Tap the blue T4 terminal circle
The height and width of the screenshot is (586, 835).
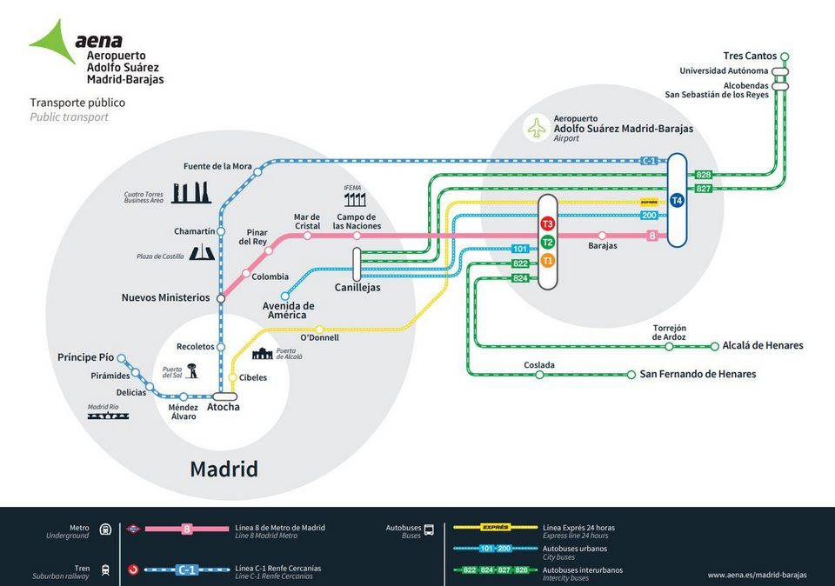coord(678,201)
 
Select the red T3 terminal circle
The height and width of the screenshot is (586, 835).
coord(548,224)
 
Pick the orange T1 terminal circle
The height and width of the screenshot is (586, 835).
coord(548,261)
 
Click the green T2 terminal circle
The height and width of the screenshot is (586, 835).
coord(548,243)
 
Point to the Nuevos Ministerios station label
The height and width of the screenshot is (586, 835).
coord(165,297)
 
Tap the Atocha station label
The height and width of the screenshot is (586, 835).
coord(224,407)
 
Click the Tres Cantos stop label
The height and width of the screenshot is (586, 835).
coord(750,56)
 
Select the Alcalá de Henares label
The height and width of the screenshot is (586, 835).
coord(763,345)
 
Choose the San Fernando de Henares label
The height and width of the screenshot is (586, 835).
coord(698,374)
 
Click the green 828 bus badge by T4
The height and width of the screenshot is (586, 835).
coord(704,175)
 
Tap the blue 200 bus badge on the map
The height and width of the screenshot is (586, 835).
coord(649,215)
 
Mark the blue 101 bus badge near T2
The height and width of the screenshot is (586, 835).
coord(520,250)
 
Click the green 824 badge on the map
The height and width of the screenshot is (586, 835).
coord(520,277)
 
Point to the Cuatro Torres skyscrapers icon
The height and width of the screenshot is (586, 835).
coord(191,192)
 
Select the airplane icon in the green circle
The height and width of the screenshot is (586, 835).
coord(536,129)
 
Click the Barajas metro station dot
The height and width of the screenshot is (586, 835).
coord(602,236)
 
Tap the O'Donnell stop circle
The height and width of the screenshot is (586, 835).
coord(319,329)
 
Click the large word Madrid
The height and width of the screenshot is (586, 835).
coord(224,469)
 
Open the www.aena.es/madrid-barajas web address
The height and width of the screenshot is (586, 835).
coord(757,575)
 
